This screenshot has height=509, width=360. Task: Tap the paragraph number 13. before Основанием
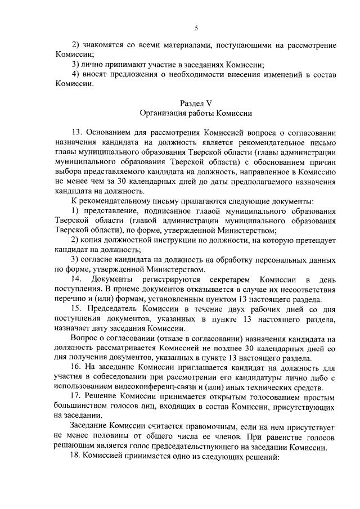[x=77, y=133]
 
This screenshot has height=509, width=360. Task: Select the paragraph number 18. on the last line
[x=77, y=457]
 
